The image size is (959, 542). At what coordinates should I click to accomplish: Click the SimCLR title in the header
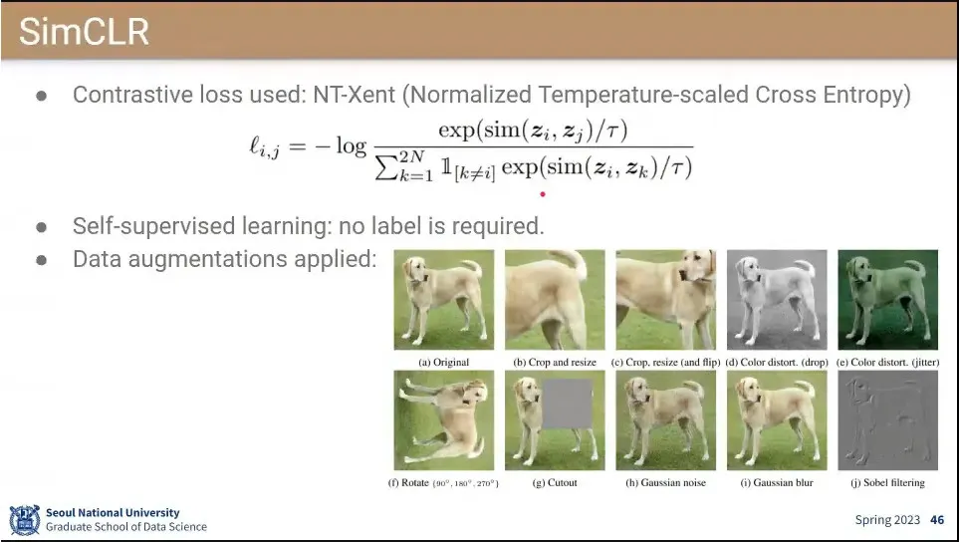(x=84, y=31)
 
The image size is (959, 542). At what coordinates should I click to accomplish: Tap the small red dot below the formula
(x=543, y=194)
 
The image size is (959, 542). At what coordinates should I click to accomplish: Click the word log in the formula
(x=352, y=145)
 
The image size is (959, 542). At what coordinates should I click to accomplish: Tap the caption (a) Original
(x=444, y=362)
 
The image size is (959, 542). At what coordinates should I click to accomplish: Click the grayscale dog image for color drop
(x=777, y=300)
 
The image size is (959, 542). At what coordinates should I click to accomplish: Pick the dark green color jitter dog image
(x=887, y=300)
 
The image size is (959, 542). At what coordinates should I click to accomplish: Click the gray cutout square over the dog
(x=567, y=404)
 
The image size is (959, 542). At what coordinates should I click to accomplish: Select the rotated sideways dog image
(x=444, y=420)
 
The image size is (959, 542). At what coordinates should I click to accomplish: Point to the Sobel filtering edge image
(x=887, y=420)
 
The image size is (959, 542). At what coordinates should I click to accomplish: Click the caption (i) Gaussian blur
(x=777, y=482)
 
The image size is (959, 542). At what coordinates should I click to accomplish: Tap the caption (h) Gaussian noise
(x=665, y=482)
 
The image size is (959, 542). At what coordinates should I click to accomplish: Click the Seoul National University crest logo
(x=25, y=520)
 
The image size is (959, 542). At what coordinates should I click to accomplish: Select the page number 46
(x=937, y=520)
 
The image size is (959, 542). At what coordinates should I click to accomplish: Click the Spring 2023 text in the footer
(x=887, y=521)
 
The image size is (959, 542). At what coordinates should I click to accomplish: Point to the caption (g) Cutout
(x=555, y=482)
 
